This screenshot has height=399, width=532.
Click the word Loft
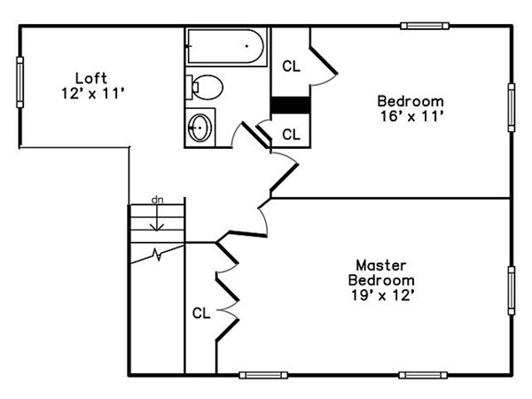click(x=91, y=78)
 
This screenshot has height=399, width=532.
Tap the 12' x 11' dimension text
click(x=93, y=93)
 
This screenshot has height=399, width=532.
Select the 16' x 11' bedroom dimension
click(x=412, y=116)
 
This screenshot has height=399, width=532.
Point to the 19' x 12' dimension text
click(x=382, y=295)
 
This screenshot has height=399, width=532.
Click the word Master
click(x=381, y=265)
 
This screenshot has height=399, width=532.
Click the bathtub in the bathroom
click(x=226, y=46)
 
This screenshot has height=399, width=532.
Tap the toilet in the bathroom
click(x=204, y=87)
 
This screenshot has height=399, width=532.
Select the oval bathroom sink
click(x=200, y=128)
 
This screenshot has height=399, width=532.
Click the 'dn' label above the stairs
click(x=158, y=200)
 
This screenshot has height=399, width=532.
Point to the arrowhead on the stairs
click(x=157, y=227)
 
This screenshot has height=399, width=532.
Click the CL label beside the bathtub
click(x=291, y=66)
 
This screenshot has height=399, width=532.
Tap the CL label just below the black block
click(x=291, y=135)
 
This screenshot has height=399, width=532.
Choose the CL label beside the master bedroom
click(x=201, y=313)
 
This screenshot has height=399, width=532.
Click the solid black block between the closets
click(x=291, y=106)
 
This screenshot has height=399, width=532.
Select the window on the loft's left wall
click(x=20, y=82)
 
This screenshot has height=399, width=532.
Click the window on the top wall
click(x=425, y=26)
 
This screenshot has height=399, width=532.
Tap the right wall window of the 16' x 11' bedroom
click(x=512, y=107)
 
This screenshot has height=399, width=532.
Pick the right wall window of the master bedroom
click(x=512, y=291)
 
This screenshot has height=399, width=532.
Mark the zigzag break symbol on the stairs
click(x=157, y=254)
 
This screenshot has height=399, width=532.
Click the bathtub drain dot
click(x=247, y=46)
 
